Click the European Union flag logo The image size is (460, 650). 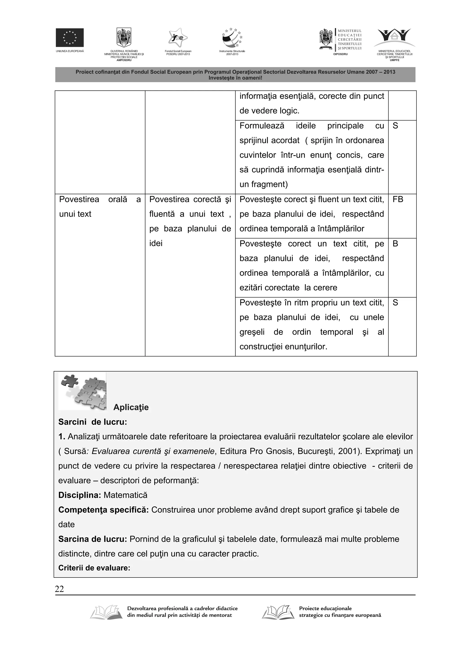69,37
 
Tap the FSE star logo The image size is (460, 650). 178,38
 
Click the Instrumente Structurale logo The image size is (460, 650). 232,38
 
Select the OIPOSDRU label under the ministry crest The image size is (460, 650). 340,54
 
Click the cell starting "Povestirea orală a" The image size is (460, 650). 100,207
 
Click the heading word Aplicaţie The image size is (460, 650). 131,407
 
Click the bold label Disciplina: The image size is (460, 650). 80,495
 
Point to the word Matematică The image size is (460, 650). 125,495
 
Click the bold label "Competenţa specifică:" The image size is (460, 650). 104,510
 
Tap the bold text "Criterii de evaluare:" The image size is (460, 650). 94,568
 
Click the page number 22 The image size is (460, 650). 59,589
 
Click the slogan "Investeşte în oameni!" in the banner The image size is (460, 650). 235,78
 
